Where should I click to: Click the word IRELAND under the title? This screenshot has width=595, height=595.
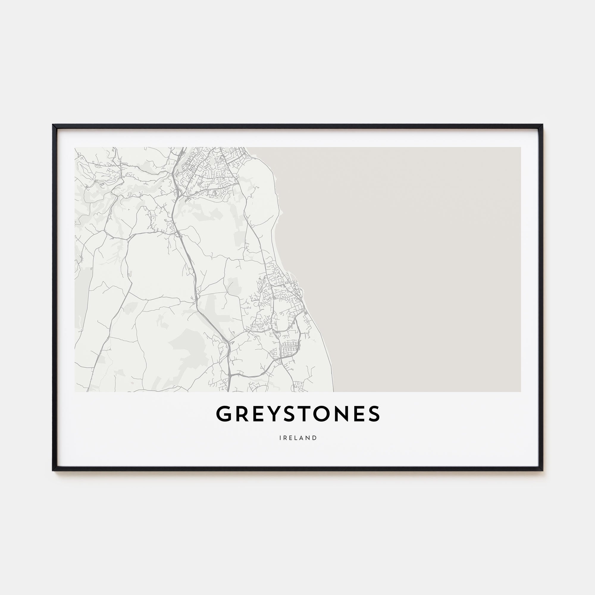coord(298,438)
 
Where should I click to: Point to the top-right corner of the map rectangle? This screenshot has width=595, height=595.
coord(520,148)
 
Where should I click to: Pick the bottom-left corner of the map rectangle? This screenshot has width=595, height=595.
coord(75,392)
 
